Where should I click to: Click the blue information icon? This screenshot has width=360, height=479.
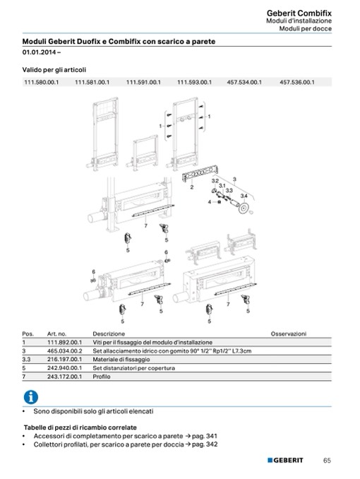(31, 397)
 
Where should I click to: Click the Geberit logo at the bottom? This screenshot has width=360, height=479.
(285, 460)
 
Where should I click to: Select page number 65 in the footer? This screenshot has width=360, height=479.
(327, 461)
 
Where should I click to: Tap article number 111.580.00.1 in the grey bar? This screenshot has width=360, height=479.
(41, 82)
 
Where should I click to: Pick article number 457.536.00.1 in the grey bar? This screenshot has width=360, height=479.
(296, 82)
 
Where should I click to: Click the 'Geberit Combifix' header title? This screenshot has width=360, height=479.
(299, 13)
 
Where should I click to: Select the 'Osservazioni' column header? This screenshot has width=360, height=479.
(289, 333)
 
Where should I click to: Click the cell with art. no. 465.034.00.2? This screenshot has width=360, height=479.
(64, 350)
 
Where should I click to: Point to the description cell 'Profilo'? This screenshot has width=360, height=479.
(102, 377)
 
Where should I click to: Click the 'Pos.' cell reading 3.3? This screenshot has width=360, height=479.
(26, 359)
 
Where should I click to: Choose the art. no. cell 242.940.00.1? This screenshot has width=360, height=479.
(64, 368)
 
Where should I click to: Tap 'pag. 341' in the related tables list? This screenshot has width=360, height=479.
(205, 436)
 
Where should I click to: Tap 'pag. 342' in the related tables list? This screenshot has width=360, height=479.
(205, 444)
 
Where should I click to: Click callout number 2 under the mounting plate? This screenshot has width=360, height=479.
(191, 187)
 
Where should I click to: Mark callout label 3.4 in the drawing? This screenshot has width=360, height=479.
(244, 196)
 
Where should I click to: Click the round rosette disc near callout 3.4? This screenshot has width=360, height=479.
(244, 208)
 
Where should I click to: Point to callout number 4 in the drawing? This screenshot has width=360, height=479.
(210, 201)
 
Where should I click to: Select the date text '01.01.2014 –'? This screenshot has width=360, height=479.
(42, 52)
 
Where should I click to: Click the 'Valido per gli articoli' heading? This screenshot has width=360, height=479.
(54, 70)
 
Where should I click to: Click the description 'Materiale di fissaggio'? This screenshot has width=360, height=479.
(121, 359)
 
